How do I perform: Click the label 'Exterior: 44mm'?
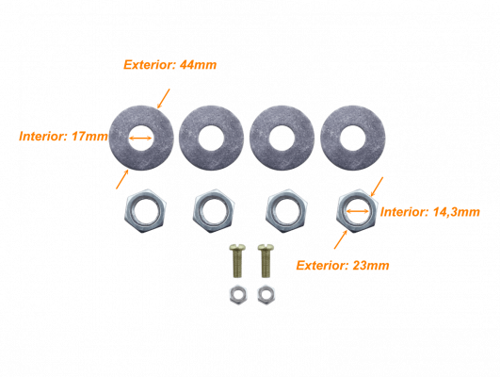coord(169,65)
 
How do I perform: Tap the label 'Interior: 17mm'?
coord(63,137)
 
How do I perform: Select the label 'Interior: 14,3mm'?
coord(429,212)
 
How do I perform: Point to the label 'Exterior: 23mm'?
coord(343,265)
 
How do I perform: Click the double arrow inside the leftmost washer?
coord(140,138)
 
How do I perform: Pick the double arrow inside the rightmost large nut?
coord(358,211)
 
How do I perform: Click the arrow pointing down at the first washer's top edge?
coord(164,98)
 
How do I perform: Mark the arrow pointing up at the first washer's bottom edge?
coord(122,179)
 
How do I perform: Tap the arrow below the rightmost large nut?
coord(341,239)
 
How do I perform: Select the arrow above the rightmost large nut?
coord(377,187)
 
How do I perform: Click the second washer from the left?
coord(212,138)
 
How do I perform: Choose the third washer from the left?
coord(282,138)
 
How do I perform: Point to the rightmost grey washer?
coord(353,138)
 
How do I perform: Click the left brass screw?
coord(237,261)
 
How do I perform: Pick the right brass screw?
coord(266,261)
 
